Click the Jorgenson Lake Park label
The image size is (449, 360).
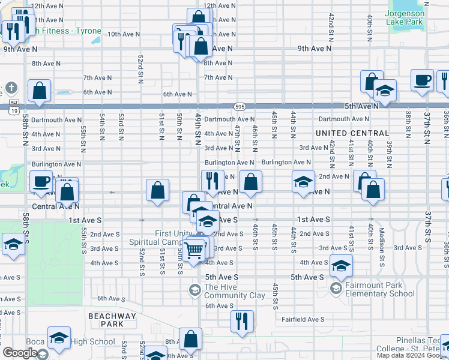(405, 17)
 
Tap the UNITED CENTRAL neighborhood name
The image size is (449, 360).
(348, 133)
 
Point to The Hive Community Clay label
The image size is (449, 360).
(234, 291)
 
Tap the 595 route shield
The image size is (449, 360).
(240, 106)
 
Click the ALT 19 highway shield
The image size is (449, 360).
(14, 107)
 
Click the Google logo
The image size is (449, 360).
(20, 353)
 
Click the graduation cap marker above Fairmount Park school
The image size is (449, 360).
(340, 266)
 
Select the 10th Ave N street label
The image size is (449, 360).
(124, 34)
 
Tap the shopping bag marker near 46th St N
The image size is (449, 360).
(250, 182)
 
